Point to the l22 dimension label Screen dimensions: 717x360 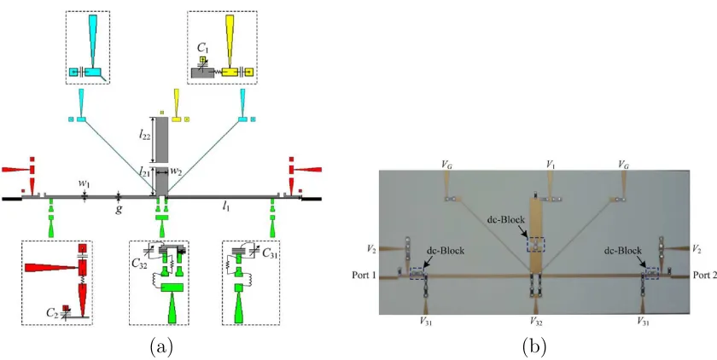pos(145,136)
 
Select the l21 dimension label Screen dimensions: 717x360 pos(145,171)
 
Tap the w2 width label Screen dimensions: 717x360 pos(176,171)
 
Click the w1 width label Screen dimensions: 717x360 pos(84,183)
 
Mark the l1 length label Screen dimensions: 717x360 pos(225,206)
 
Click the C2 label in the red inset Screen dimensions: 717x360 pos(53,312)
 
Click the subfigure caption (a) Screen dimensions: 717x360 pos(161,347)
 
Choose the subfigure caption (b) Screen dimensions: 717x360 pos(533,347)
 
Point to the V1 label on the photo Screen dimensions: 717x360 pos(551,165)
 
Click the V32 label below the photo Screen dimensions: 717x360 pos(536,321)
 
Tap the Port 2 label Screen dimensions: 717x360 pos(705,275)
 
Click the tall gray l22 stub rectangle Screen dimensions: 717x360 pos(162,140)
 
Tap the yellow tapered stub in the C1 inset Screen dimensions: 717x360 pos(229,41)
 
